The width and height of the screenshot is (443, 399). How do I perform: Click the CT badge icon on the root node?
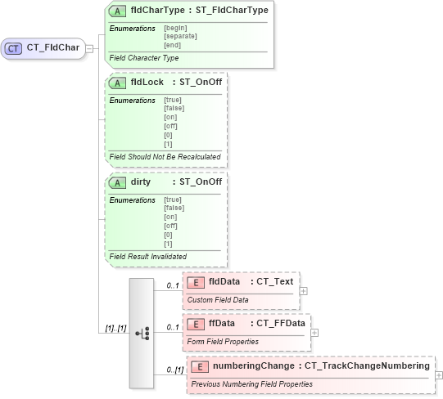tap(14, 48)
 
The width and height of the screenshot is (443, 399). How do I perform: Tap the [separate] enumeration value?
tap(181, 36)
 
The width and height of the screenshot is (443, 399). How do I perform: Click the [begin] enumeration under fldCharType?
tap(175, 29)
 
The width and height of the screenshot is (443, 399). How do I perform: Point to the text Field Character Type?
tap(144, 58)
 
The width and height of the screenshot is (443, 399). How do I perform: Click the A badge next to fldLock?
tap(118, 83)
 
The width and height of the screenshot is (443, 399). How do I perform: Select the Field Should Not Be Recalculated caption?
tap(164, 155)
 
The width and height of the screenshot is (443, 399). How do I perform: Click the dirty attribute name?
tap(141, 182)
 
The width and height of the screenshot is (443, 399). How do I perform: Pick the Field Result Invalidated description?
tap(147, 256)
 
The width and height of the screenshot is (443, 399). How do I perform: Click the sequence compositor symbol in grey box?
tap(142, 334)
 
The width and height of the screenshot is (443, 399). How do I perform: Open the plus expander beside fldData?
tap(304, 290)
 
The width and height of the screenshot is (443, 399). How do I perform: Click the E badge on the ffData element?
tap(196, 324)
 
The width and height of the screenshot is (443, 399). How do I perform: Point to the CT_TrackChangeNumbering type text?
tap(367, 366)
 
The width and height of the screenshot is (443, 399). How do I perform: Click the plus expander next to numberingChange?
tap(439, 374)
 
